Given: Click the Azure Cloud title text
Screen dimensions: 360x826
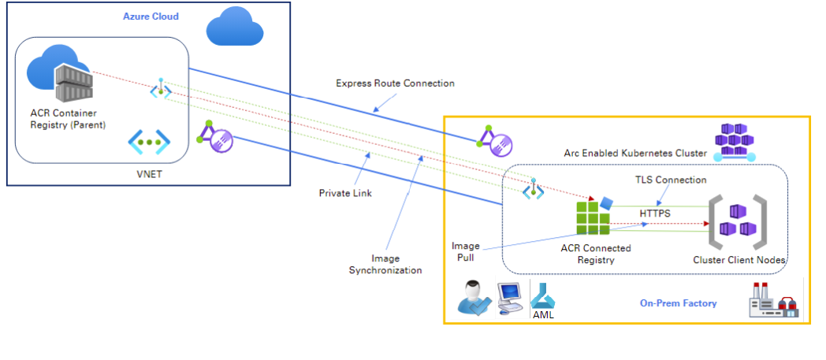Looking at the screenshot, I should point(151,16).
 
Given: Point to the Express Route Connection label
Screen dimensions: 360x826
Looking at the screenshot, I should point(395,83).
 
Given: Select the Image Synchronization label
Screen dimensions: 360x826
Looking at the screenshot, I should point(385,264).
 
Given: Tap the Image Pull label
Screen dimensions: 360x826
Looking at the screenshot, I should point(466,251).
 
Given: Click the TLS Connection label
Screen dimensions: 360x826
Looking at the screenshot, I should point(671,180).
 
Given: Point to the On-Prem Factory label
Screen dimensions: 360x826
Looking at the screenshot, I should point(678,302).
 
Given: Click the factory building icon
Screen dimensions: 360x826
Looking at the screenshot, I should point(772,301).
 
